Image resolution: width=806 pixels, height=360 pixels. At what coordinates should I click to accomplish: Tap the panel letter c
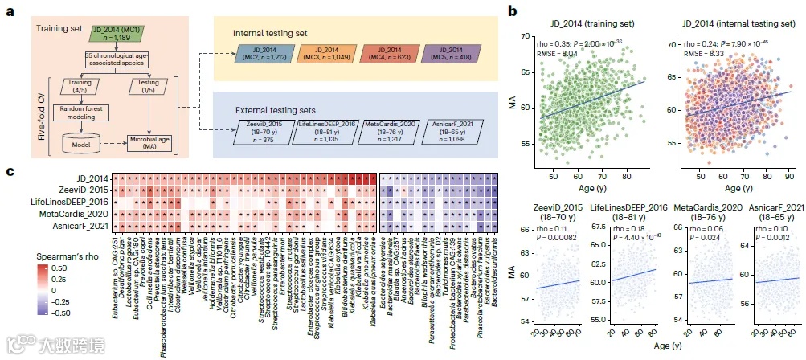pyautogui.click(x=9, y=171)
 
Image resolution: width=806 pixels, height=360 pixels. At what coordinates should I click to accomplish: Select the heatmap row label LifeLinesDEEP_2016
pyautogui.click(x=70, y=201)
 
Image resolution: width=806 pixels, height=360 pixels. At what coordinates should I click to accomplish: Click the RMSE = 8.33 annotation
pyautogui.click(x=700, y=52)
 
